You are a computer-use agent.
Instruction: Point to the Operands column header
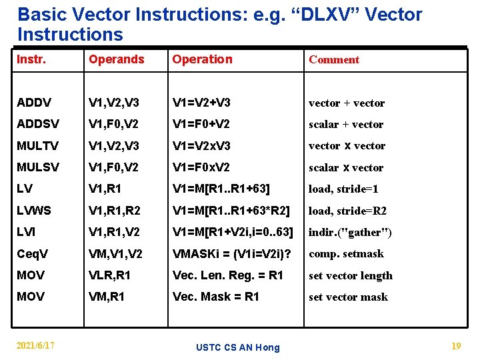click(x=116, y=59)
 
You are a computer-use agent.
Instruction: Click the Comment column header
click(x=333, y=59)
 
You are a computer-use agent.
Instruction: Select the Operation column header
click(x=202, y=59)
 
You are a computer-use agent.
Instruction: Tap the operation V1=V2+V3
click(x=201, y=103)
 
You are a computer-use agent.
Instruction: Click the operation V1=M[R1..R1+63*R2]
click(x=231, y=211)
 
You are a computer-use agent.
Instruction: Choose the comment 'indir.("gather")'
click(x=349, y=232)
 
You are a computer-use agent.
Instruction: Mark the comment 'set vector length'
click(x=350, y=275)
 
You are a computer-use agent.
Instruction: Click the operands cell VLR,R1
click(x=109, y=275)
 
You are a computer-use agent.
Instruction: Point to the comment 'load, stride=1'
click(x=343, y=189)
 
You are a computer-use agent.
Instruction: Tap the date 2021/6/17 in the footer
click(x=36, y=345)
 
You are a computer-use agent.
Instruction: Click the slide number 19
click(x=455, y=345)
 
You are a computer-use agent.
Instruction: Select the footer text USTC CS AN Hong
click(x=238, y=347)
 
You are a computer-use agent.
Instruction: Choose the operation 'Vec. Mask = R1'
click(x=215, y=297)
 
